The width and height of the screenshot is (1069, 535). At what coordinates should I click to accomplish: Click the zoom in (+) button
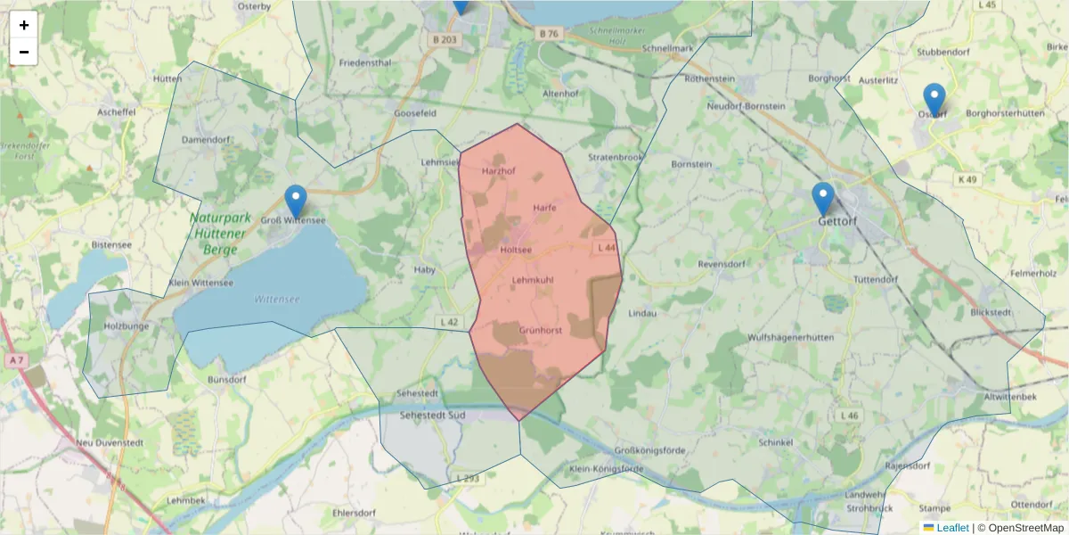click(x=24, y=25)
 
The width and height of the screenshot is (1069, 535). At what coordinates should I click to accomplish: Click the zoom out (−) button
click(x=24, y=52)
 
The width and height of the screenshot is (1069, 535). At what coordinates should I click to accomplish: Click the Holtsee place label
click(x=517, y=251)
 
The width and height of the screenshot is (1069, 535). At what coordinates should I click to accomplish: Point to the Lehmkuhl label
click(x=533, y=280)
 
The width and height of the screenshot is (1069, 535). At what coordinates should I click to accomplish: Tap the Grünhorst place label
click(x=540, y=330)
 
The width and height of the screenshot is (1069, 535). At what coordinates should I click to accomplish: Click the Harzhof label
click(x=498, y=170)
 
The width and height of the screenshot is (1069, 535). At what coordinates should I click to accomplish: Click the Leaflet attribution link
click(x=952, y=528)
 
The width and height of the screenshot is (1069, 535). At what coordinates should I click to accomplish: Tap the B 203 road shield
click(x=445, y=39)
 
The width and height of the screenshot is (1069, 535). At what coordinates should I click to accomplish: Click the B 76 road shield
click(x=549, y=34)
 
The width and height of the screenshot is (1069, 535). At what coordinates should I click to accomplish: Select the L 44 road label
click(x=607, y=247)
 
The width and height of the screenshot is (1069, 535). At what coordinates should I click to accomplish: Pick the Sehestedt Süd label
click(x=433, y=416)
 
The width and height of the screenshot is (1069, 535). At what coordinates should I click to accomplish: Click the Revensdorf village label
click(x=721, y=264)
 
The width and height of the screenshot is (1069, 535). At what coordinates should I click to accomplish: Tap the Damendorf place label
click(x=206, y=140)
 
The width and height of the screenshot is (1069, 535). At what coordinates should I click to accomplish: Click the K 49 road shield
click(x=967, y=179)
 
